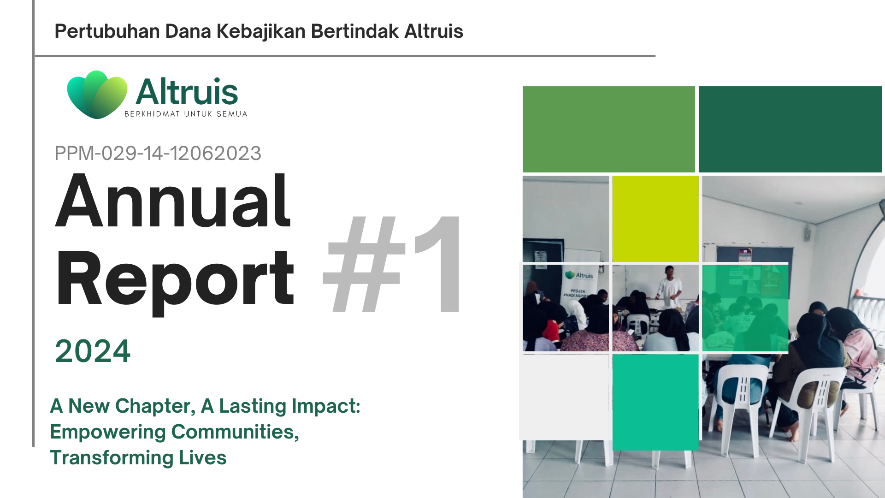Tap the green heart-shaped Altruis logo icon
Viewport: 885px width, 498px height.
point(97,95)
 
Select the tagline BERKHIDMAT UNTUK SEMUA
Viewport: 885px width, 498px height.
point(186,114)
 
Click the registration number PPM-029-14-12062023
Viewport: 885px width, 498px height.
point(158,153)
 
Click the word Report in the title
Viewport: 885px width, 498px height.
point(175,279)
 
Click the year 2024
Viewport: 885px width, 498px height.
point(93,351)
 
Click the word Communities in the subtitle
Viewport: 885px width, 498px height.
point(235,432)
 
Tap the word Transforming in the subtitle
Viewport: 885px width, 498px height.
point(112,458)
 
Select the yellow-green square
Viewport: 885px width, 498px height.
point(655,219)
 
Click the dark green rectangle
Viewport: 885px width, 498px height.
point(791,129)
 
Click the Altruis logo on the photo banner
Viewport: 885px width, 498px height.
point(579,275)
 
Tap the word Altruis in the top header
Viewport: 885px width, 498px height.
point(434,31)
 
